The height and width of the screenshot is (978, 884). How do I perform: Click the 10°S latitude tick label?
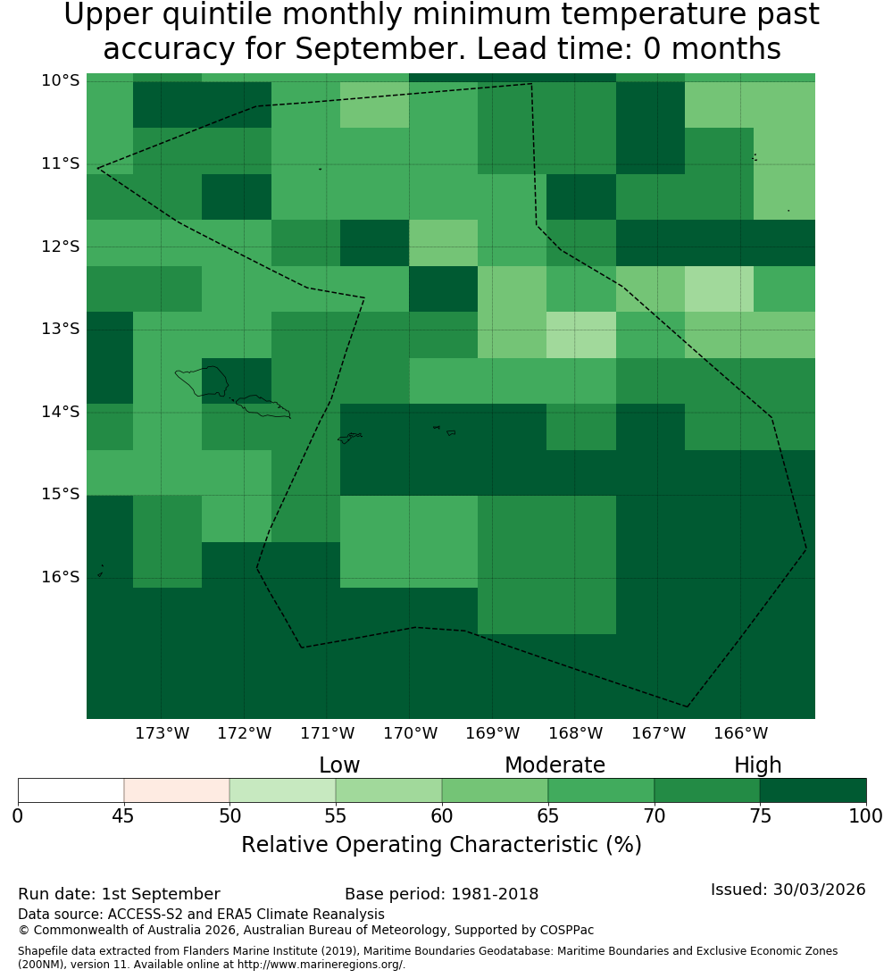click(x=61, y=80)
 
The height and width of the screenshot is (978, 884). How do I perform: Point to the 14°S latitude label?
click(x=61, y=412)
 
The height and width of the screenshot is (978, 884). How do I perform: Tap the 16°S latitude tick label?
click(x=61, y=577)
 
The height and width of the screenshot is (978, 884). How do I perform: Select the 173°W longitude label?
click(x=163, y=733)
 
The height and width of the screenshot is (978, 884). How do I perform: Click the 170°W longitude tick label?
click(x=410, y=733)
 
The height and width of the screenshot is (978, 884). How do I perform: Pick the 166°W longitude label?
click(x=740, y=733)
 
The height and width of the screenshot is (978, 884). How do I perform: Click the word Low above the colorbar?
click(x=339, y=765)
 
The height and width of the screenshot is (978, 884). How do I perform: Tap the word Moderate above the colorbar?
click(x=555, y=765)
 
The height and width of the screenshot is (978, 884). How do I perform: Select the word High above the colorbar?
click(x=757, y=766)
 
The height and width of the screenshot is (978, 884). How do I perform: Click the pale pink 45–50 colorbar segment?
click(x=177, y=790)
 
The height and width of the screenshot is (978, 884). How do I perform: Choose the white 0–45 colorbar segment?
click(x=71, y=790)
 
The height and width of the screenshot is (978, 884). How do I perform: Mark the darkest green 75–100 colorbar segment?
click(x=813, y=790)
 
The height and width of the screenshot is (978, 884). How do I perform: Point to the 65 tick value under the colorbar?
click(x=548, y=815)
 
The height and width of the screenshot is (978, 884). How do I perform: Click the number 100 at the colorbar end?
click(x=866, y=815)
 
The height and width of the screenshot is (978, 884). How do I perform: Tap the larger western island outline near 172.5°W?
click(x=202, y=381)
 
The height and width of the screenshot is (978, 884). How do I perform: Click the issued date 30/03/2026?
click(x=819, y=890)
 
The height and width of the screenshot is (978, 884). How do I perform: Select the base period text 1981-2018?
click(x=495, y=894)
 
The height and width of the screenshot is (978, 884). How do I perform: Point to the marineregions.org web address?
click(x=321, y=965)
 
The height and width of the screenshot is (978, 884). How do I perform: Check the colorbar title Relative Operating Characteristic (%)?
click(x=441, y=845)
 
